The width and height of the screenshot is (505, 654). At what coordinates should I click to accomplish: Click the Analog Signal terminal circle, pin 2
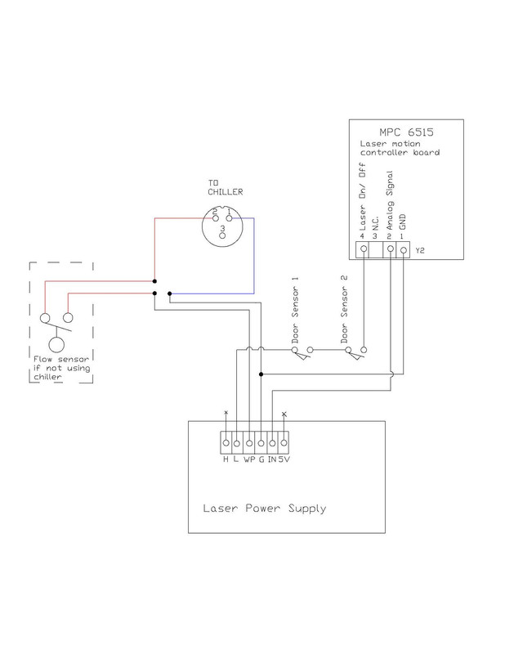[391, 248]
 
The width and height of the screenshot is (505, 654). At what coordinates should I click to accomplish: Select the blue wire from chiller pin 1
[252, 253]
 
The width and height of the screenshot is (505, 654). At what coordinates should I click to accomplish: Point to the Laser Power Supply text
[264, 508]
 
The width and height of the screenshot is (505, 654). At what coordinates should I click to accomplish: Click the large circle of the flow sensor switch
[56, 344]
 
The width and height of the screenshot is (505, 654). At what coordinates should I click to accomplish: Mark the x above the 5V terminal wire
[284, 414]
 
